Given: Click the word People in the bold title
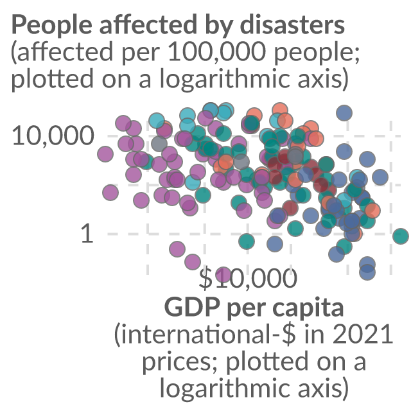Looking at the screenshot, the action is point(52,25).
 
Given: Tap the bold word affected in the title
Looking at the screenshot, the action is point(148,24).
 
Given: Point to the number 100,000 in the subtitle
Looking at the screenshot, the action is point(217,51).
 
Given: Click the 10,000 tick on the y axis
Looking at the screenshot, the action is point(53,136).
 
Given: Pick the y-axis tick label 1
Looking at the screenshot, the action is point(87,233).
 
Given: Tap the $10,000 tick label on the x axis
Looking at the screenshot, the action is point(248,278).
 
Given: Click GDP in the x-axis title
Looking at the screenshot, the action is point(193,307).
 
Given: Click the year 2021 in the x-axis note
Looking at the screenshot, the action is point(363,335).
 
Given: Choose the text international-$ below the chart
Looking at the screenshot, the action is point(209,335).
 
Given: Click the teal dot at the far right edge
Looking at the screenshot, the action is point(401,236).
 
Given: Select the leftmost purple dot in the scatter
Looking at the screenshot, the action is point(105,154).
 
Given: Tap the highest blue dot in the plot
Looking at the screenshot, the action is point(344,113).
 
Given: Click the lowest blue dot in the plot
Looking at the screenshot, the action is point(367,272).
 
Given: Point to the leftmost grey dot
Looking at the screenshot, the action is point(159,144).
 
